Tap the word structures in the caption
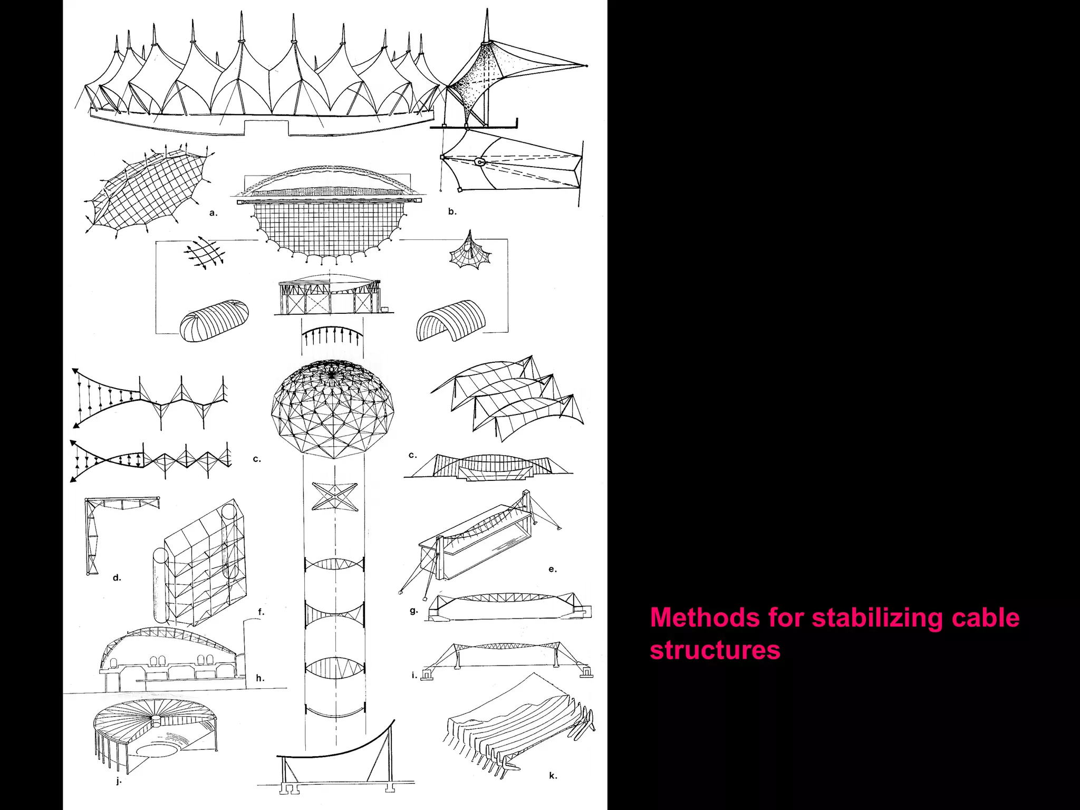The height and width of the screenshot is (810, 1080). tap(715, 650)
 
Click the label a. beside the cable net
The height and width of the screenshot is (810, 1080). tap(213, 213)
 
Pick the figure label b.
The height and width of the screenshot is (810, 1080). tap(452, 211)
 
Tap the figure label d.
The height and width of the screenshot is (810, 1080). tap(117, 577)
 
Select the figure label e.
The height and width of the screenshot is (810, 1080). tap(553, 569)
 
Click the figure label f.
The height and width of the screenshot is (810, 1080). tap(261, 612)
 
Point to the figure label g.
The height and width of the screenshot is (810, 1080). tap(413, 611)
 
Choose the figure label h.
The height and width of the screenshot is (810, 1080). tap(260, 678)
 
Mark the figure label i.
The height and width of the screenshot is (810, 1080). tap(414, 674)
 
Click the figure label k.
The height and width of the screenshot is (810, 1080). tap(553, 775)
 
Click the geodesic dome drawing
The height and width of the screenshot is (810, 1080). tap(332, 409)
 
